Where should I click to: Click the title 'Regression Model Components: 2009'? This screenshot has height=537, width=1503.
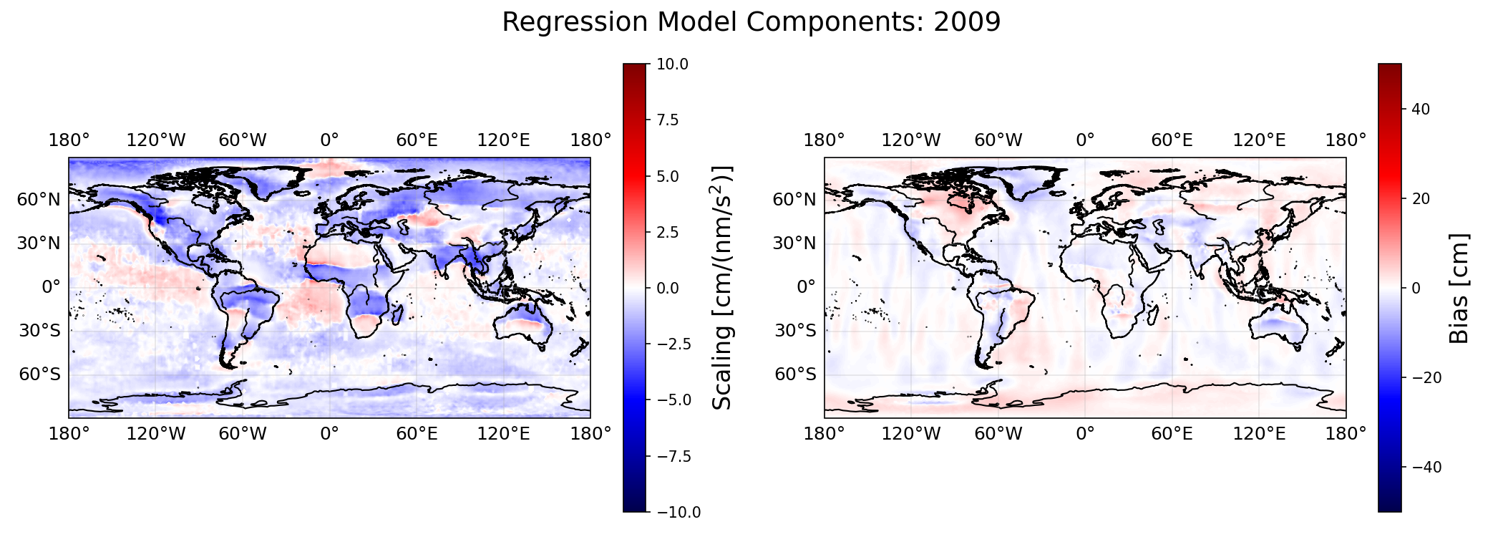tap(751, 22)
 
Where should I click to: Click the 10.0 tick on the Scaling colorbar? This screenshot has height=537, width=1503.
tap(673, 64)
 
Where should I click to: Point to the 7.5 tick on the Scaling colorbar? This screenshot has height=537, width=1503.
tap(668, 120)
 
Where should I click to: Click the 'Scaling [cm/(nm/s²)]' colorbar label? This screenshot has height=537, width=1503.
tap(723, 288)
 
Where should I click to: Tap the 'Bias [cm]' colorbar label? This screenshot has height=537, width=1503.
tap(1459, 288)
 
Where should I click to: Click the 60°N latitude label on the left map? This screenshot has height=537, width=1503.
tap(39, 200)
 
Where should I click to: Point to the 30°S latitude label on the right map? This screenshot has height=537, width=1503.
tap(795, 331)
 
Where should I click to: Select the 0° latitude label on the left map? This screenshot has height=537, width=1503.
tap(51, 288)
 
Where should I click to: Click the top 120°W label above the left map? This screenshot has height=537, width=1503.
tap(156, 140)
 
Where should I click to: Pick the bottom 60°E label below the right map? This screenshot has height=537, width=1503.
tap(1172, 433)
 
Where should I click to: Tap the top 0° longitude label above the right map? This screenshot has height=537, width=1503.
tap(1085, 140)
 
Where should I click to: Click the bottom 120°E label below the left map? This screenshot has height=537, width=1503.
tap(504, 433)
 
